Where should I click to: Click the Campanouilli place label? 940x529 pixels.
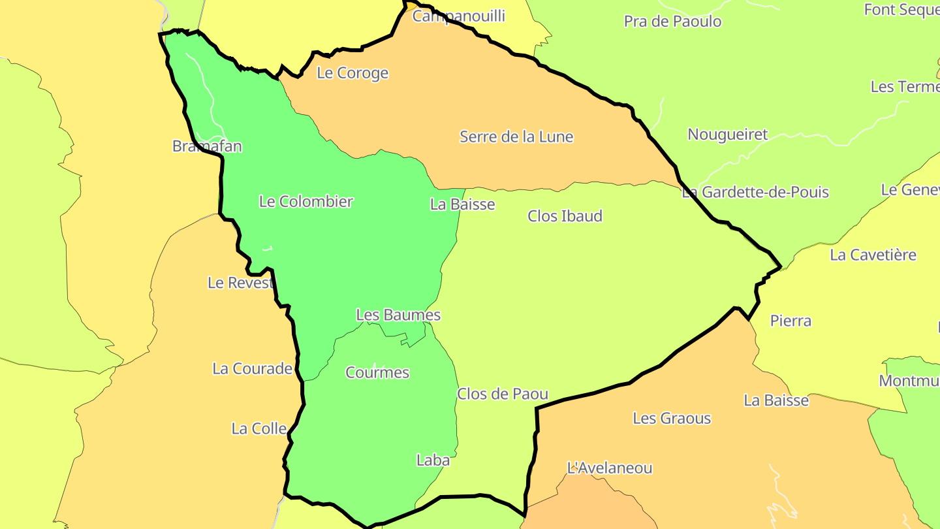point(458,16)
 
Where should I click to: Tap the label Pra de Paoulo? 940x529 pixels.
point(672,22)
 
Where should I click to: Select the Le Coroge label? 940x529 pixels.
point(352,73)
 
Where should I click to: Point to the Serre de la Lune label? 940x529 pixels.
point(516,137)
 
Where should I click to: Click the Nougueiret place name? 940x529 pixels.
point(728,135)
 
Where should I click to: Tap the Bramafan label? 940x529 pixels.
point(207,146)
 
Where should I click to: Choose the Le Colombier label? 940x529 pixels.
point(306,202)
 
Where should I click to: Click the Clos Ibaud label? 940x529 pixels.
point(565,216)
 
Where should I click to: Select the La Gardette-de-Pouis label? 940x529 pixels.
point(755,193)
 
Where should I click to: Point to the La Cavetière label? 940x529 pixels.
point(873,255)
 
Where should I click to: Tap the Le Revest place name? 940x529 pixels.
point(240,283)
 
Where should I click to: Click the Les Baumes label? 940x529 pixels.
point(398,315)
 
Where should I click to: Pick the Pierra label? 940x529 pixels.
point(791,321)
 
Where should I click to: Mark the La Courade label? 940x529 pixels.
point(252,369)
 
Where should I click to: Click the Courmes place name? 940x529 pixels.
point(377,373)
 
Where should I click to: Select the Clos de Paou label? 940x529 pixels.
point(502,394)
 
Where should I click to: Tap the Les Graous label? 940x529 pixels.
point(672,419)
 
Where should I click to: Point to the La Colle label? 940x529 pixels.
point(259,429)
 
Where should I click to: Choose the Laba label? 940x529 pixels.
point(433,460)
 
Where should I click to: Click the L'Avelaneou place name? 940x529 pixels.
point(610,468)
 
